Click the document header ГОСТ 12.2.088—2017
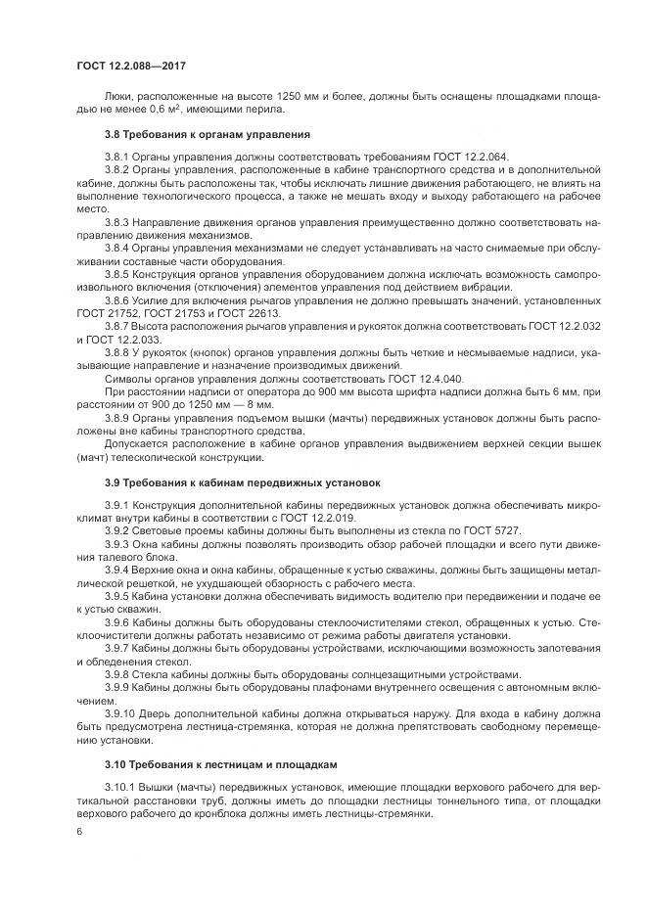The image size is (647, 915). (130, 65)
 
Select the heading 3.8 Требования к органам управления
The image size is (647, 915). (208, 133)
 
